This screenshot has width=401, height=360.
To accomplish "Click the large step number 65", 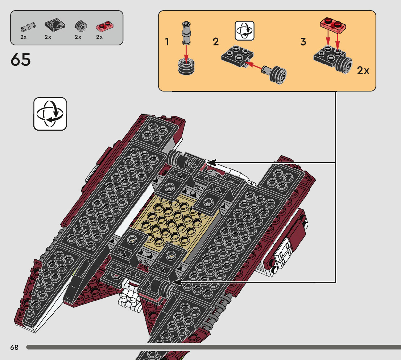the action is point(21,60).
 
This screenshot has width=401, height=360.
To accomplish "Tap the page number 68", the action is point(14,347).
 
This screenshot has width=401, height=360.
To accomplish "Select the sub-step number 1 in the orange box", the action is point(167,42).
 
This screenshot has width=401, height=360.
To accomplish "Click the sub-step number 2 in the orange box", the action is point(216,42).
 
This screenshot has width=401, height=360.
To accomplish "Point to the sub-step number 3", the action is point(303,42).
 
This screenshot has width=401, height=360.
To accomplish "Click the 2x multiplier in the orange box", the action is point(363,70).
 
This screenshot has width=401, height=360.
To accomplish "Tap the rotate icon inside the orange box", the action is point(245,30).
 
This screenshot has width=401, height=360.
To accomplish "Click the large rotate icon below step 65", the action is point(50,114).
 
